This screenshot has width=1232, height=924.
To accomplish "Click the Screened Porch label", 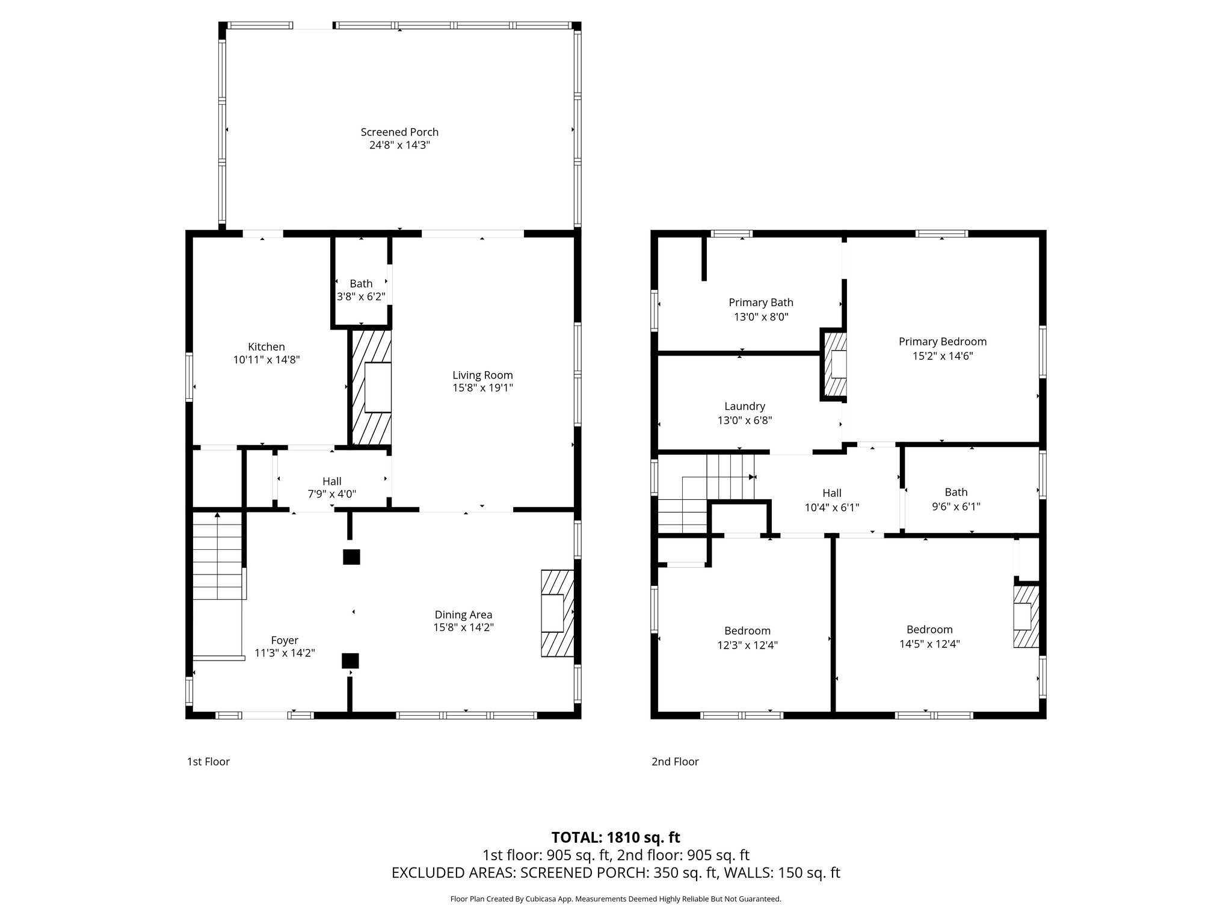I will click(399, 132).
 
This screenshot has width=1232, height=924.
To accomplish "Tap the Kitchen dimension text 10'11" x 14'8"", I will click(266, 360).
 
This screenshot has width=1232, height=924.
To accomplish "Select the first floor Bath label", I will click(361, 283).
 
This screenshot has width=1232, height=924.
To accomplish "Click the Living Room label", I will click(482, 375).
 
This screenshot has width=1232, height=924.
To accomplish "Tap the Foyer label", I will click(285, 640).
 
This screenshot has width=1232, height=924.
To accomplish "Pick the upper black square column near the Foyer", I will click(351, 557).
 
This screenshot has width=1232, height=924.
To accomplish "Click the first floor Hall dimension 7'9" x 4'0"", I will click(331, 494).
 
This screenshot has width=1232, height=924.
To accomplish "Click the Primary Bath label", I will click(761, 303).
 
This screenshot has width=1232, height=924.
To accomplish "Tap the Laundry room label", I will click(745, 407).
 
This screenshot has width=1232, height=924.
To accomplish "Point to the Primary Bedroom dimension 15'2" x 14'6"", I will click(943, 356).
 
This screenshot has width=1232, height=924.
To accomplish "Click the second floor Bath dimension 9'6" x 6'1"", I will click(956, 507).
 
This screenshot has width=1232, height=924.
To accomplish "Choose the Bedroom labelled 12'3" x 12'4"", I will click(747, 631).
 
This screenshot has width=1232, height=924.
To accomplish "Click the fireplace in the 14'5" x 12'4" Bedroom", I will click(1026, 616).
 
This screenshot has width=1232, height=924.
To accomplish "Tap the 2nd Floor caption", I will click(675, 762).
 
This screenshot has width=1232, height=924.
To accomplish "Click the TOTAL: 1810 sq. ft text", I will click(615, 837).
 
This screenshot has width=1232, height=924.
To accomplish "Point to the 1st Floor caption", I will click(208, 762).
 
